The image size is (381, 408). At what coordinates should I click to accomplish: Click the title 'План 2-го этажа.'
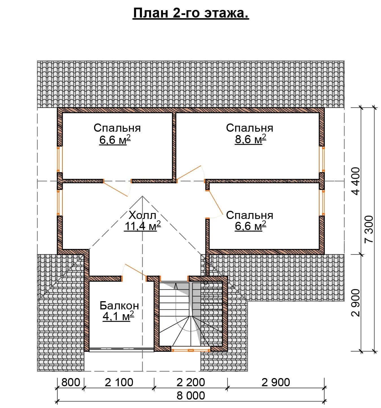click(x=191, y=13)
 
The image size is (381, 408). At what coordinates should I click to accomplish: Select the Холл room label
click(x=142, y=215)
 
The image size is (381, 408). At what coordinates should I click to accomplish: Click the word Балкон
click(x=119, y=306)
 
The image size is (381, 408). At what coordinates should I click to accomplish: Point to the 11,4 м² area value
click(x=142, y=226)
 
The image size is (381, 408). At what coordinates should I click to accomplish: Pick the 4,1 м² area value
click(x=118, y=316)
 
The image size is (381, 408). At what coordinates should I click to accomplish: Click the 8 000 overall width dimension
click(x=191, y=396)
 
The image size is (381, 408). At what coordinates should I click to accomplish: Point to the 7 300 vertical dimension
click(x=369, y=229)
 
